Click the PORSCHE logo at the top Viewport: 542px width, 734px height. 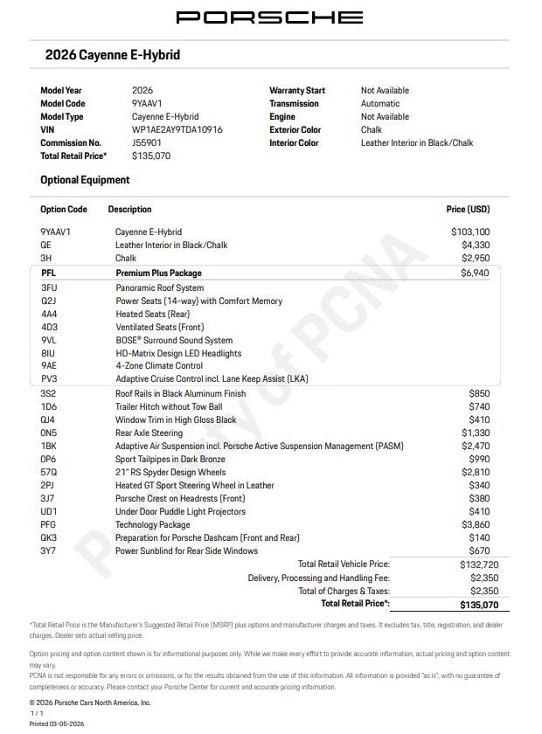coord(269,17)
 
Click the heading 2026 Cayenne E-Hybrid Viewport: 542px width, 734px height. coord(113,55)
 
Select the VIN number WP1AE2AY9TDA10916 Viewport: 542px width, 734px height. coord(177,129)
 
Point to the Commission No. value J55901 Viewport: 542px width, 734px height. coord(147,142)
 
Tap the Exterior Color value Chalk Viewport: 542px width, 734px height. coord(372,129)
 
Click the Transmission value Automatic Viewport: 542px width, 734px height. coord(380,103)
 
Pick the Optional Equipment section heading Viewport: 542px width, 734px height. coord(85,180)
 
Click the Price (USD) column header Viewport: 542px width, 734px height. coord(468,210)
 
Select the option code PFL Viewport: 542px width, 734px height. coord(48,274)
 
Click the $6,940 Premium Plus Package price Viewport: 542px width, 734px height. coord(475,274)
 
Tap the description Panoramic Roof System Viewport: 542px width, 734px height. coord(159,287)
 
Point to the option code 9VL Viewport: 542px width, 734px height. coord(48,340)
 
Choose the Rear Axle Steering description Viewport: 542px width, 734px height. coord(149,433)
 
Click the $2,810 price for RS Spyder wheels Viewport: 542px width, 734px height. coord(476,472)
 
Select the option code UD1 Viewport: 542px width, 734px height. coord(49,511)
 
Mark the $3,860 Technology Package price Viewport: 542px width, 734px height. coord(476,524)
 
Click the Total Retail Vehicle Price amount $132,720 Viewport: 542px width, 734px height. coord(478,564)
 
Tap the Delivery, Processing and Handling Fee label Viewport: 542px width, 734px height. coord(318,578)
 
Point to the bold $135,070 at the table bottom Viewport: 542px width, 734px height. coord(479,605)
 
